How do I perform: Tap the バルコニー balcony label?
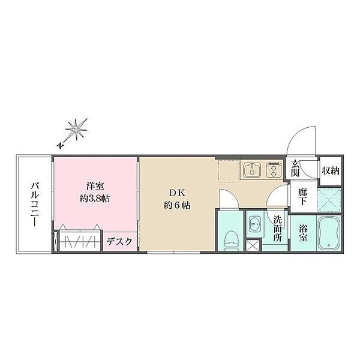34,204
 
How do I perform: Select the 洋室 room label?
95,186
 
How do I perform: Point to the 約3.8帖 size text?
95,199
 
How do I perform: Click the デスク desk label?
119,242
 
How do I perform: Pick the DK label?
177,193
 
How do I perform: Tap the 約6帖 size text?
177,205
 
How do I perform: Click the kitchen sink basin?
252,170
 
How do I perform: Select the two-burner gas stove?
274,170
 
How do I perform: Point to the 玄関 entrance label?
295,169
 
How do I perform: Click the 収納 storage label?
331,170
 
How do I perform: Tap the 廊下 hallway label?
303,197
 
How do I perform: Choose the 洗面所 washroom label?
278,229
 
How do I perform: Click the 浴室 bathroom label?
304,233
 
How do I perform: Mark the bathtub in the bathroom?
329,233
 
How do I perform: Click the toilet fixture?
231,241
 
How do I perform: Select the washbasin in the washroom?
255,224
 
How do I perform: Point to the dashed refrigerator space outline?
229,171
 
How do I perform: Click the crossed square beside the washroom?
253,246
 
